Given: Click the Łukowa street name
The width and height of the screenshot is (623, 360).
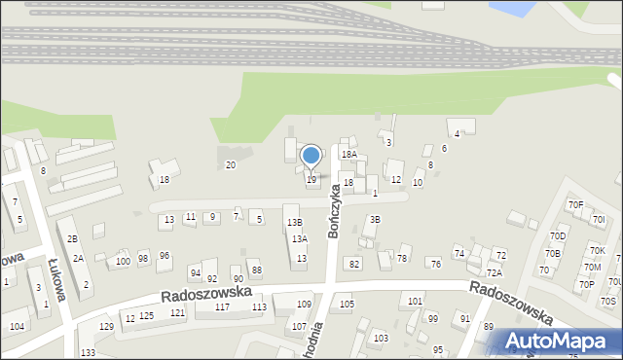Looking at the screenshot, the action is point(55,278).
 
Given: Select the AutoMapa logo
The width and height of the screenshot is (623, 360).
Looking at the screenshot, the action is point(560,340).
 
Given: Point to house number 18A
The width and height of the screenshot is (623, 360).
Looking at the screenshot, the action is point(348,154).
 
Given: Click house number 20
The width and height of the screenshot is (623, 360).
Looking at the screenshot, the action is point(231,164).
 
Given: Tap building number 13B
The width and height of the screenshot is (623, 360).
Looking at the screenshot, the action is point(294,223).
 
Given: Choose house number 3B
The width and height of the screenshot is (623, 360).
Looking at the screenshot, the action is point(375,220).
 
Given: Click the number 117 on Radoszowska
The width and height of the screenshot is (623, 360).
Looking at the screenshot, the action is point(222,307).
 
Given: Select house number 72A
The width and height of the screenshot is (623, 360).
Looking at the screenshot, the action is point(495,273).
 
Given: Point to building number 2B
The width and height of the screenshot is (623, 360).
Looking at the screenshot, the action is point(72,238).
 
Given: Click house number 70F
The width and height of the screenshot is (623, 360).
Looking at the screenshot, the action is point(575,204).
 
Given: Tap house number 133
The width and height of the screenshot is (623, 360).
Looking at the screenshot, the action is point(89,351).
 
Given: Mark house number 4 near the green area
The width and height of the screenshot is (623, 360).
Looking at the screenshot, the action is point(457,133).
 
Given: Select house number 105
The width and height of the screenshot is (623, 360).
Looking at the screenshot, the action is point(347,305).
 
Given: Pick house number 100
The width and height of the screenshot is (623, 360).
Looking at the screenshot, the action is point(123,261).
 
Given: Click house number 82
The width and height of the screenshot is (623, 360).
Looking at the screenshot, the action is point(354,264).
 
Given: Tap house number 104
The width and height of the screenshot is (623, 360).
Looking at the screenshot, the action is point(18,326).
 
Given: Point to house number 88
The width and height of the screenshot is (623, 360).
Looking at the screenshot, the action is point(256,270).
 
